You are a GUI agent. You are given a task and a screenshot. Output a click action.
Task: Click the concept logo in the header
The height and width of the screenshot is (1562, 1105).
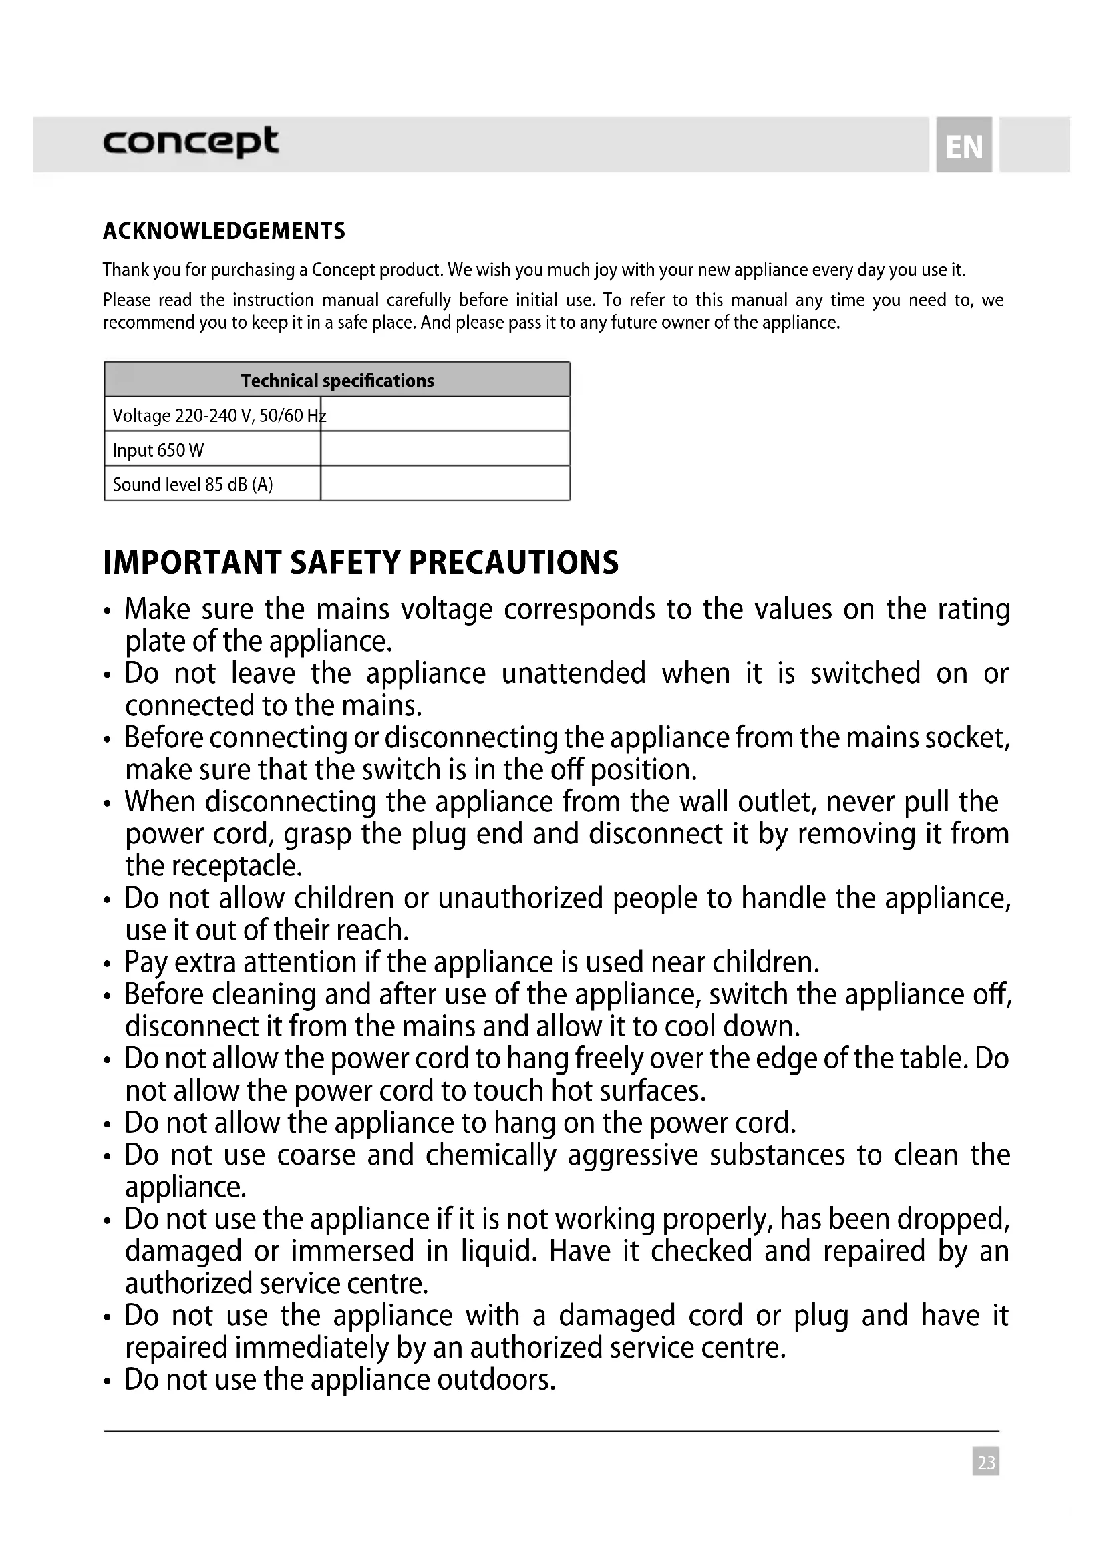190,142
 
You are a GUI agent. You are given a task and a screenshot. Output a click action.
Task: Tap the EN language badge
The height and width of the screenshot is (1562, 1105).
963,146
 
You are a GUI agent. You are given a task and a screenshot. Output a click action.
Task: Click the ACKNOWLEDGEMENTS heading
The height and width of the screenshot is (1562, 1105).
224,231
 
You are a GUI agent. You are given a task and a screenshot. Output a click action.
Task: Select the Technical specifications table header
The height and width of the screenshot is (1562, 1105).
337,380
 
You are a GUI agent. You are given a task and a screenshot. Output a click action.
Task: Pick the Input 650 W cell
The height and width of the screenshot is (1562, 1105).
212,449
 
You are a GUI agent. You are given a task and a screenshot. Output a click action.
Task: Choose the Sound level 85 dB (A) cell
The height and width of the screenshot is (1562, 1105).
212,484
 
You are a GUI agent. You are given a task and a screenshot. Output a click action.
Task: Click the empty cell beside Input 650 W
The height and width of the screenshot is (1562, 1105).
445,449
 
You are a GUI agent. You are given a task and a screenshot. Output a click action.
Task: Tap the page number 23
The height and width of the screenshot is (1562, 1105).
985,1461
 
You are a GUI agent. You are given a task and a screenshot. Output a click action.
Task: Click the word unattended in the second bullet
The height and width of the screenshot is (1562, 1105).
573,674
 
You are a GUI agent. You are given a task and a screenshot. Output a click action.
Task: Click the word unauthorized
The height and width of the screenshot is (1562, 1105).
520,898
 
